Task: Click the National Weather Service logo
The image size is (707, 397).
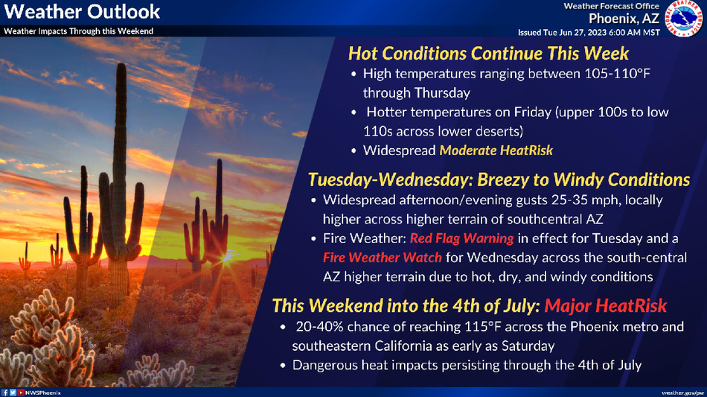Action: pyautogui.click(x=684, y=18)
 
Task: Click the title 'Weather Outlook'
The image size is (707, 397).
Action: pyautogui.click(x=82, y=12)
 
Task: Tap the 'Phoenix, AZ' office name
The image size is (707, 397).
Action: pyautogui.click(x=624, y=19)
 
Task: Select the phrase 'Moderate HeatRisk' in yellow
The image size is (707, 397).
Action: pyautogui.click(x=496, y=150)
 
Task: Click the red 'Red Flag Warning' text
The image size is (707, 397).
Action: pyautogui.click(x=461, y=238)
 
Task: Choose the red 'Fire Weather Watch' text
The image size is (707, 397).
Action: pyautogui.click(x=383, y=257)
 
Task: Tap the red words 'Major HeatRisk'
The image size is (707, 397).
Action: pyautogui.click(x=606, y=305)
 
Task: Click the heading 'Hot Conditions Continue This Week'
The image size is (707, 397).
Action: pyautogui.click(x=488, y=53)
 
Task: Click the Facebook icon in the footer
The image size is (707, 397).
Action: pyautogui.click(x=5, y=393)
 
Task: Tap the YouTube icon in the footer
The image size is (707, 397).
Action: pyautogui.click(x=21, y=393)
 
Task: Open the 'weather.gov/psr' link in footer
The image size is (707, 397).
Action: pyautogui.click(x=682, y=393)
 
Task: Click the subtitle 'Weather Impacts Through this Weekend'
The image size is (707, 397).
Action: pyautogui.click(x=78, y=31)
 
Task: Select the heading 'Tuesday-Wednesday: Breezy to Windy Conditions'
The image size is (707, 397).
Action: pyautogui.click(x=499, y=180)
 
